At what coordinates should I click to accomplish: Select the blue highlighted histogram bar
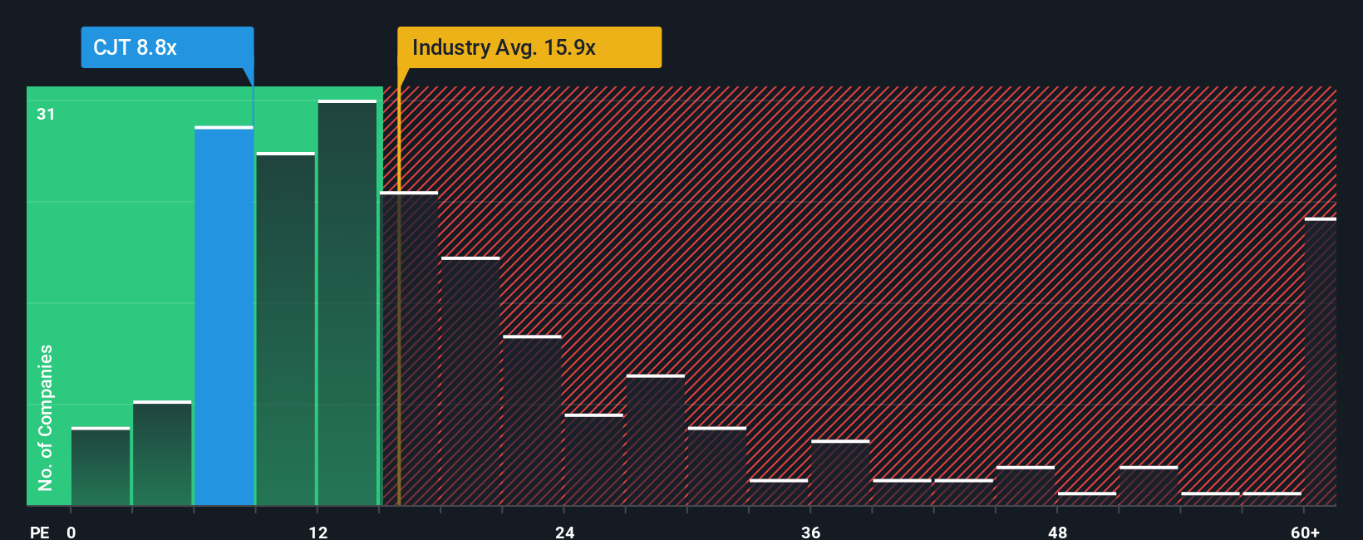coord(224,316)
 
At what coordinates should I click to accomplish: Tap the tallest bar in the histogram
coord(347,303)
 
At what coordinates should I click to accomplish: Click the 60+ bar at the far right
coord(1320,361)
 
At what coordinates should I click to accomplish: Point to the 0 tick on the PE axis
coord(71,532)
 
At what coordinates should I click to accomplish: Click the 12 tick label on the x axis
coord(318,532)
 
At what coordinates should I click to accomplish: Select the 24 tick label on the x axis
coord(565,532)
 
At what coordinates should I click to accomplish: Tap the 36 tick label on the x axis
coord(811,532)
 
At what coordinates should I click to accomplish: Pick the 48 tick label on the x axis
coord(1057,532)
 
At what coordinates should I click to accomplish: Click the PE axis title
coord(40,532)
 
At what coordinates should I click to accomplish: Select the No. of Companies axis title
coord(46,417)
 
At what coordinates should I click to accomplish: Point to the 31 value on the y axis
coord(46,114)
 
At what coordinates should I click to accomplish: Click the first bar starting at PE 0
coord(101,466)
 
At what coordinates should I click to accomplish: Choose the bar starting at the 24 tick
coord(593,459)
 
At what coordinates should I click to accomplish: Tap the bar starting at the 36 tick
coord(840,473)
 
